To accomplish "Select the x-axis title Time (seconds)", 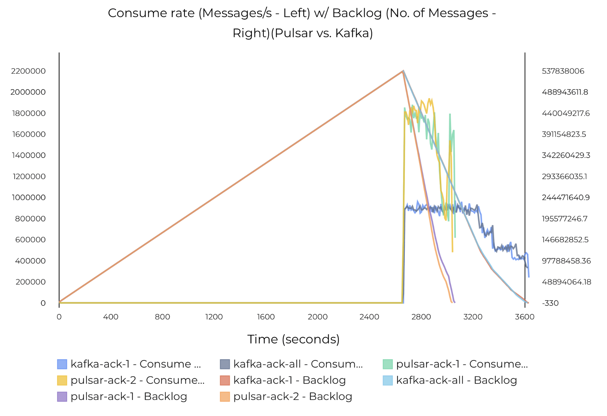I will [293, 339].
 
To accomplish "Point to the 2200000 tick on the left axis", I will [28, 71].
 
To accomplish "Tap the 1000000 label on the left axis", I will [29, 198].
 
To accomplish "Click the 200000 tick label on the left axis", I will [30, 282].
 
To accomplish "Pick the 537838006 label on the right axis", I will [563, 71].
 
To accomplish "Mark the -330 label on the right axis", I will [550, 303].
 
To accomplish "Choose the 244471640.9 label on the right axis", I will [566, 198].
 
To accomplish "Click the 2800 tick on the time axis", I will [421, 317].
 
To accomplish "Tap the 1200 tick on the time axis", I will [214, 317].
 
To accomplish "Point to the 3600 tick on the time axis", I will [524, 317].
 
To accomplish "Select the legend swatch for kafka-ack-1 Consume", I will [62, 364].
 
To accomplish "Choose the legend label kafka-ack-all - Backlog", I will [456, 380].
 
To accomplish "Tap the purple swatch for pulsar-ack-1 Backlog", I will [62, 397].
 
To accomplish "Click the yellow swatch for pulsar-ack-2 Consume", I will [62, 380].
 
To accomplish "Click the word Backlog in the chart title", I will [357, 13].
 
